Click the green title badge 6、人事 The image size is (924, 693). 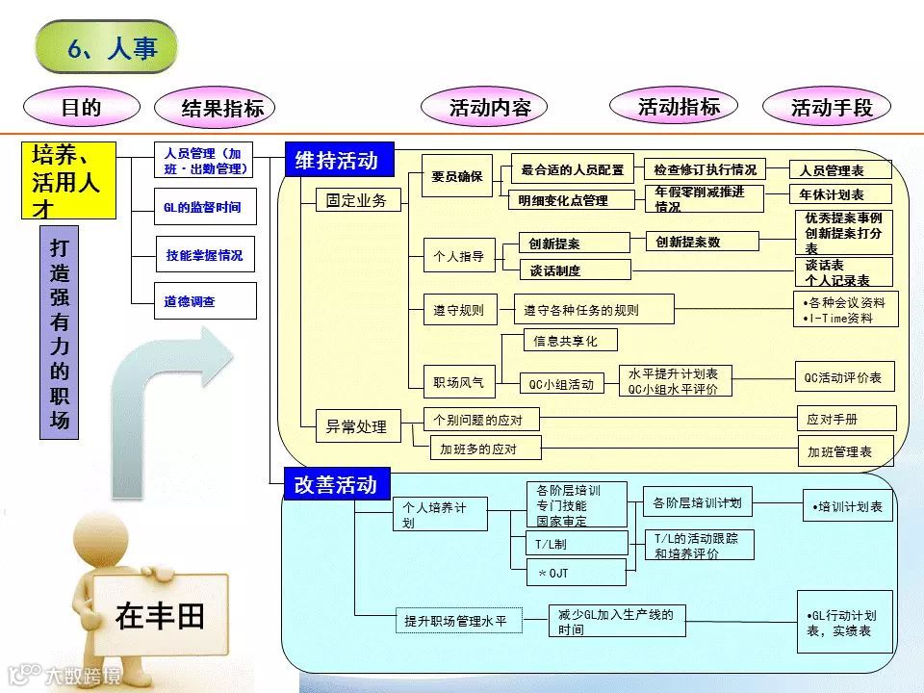(x=107, y=47)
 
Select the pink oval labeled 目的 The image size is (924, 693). (x=81, y=108)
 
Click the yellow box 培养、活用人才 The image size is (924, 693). (x=68, y=180)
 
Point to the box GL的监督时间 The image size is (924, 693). (x=205, y=207)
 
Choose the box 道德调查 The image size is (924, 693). (x=205, y=300)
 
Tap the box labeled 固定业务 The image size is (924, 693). (x=356, y=200)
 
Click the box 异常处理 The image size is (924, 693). (x=356, y=425)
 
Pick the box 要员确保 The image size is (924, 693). (x=457, y=176)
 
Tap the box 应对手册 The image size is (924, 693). (x=846, y=419)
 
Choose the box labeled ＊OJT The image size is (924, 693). (x=568, y=573)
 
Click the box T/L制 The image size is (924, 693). (x=568, y=543)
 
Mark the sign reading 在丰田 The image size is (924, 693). (x=160, y=615)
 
